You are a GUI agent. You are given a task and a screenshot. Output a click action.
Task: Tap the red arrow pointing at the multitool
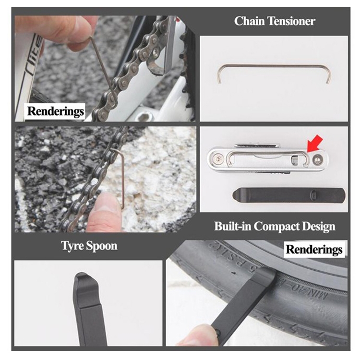pyautogui.click(x=315, y=144)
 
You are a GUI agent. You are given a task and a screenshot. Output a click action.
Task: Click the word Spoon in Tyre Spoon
pyautogui.click(x=102, y=246)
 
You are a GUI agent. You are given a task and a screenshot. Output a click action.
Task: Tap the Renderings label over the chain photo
pyautogui.click(x=55, y=111)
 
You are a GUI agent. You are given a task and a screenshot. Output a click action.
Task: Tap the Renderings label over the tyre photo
pyautogui.click(x=314, y=249)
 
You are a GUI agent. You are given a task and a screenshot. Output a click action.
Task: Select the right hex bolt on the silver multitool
pyautogui.click(x=318, y=158)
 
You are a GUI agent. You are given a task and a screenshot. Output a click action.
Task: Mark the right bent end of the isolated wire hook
pyautogui.click(x=328, y=74)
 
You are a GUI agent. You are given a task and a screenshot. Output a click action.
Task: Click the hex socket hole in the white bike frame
pyautogui.click(x=144, y=118)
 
